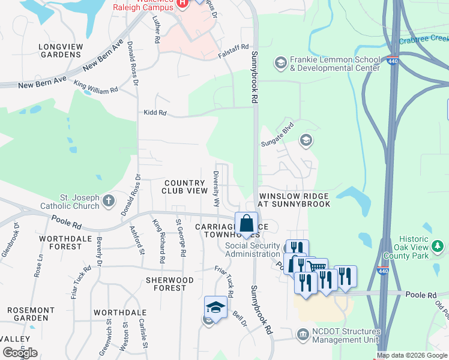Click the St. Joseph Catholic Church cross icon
pos(109,200)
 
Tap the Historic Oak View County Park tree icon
pos(438,246)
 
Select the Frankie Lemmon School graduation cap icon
pos(280,62)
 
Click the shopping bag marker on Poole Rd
pos(247,223)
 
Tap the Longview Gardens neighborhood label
pos(59,50)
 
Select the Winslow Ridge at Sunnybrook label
pos(294,200)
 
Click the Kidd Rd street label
pos(155,113)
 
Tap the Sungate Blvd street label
pos(279,136)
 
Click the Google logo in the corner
pos(20,353)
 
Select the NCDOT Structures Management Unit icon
pos(303,333)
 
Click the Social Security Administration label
pos(252,250)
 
